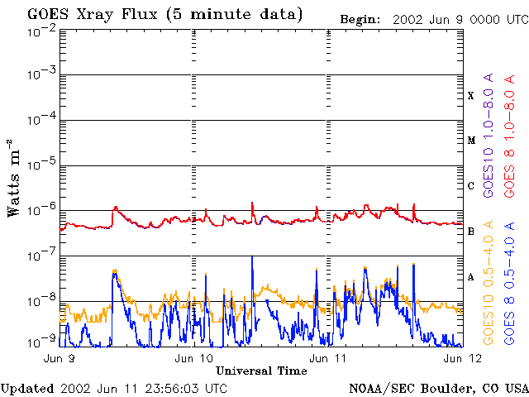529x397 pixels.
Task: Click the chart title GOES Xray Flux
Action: click(93, 15)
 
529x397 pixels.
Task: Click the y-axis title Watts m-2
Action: click(14, 179)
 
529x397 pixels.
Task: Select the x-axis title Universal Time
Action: click(261, 371)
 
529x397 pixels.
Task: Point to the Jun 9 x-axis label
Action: click(60, 358)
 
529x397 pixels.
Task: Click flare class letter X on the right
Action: click(471, 96)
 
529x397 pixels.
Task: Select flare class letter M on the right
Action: click(471, 141)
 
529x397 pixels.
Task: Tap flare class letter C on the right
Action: click(471, 186)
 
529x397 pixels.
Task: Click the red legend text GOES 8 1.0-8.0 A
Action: click(509, 136)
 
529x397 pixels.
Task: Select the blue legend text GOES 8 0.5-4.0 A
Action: click(509, 283)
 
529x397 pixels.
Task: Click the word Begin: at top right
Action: click(360, 20)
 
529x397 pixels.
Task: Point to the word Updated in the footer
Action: click(27, 389)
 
